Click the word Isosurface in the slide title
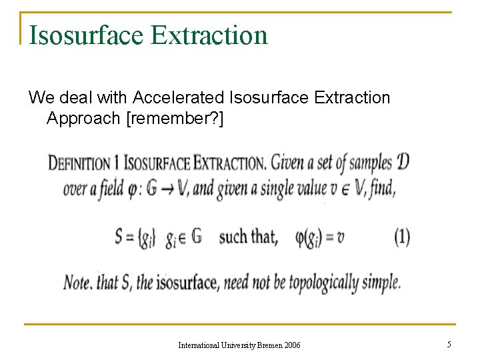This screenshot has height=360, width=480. (x=86, y=35)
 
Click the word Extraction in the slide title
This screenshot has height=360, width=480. (x=209, y=35)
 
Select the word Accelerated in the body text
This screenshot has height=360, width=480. (x=178, y=98)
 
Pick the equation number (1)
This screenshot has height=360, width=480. (x=402, y=237)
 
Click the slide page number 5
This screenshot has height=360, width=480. (x=449, y=344)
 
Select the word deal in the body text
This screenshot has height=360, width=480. (x=73, y=98)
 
